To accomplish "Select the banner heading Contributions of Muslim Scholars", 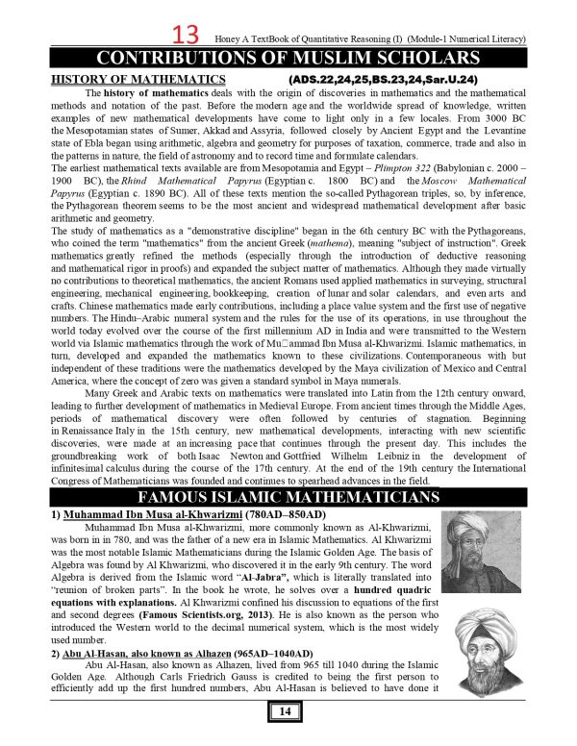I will (288, 57).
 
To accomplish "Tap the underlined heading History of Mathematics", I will (123, 77).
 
